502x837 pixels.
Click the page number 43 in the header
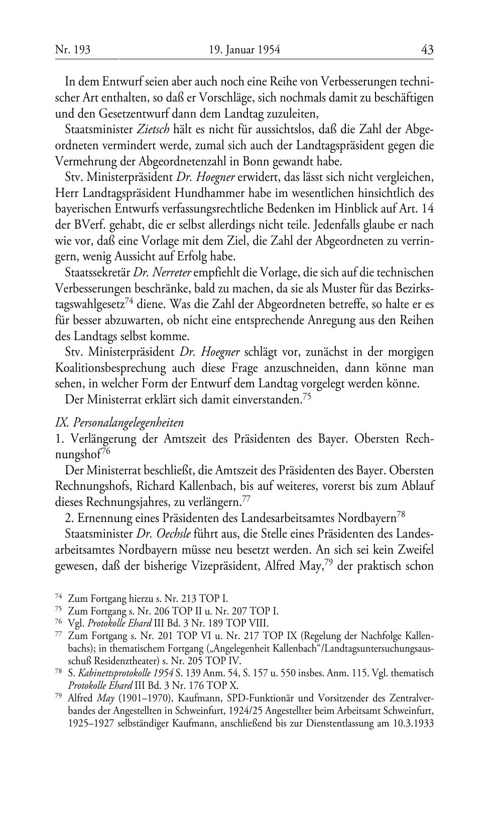(x=427, y=50)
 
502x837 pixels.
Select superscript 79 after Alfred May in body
(x=329, y=561)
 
